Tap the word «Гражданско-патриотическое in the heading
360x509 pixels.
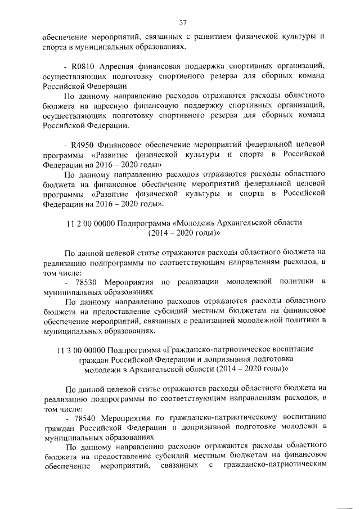coord(218,349)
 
